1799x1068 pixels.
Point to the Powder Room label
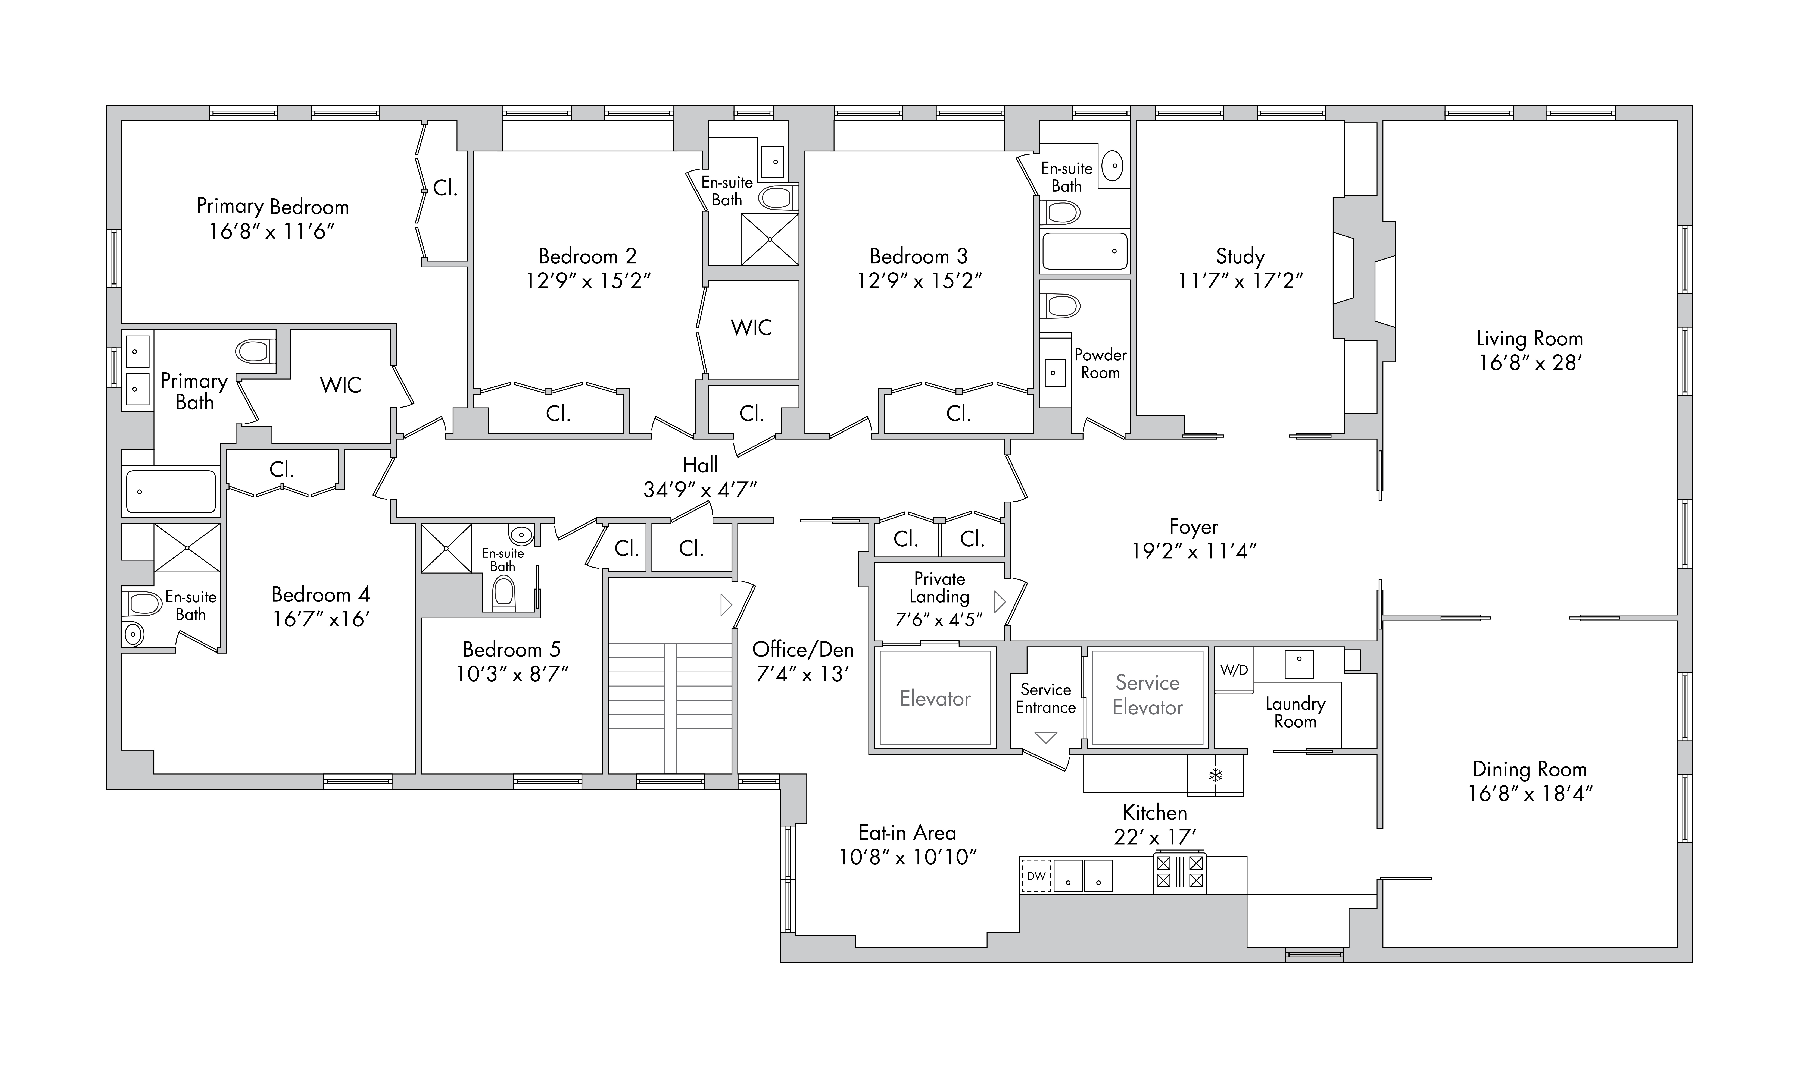1100,363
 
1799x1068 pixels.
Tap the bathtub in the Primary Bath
171,491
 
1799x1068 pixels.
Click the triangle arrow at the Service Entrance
1045,737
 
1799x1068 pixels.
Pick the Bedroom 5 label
511,649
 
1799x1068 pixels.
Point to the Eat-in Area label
907,833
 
